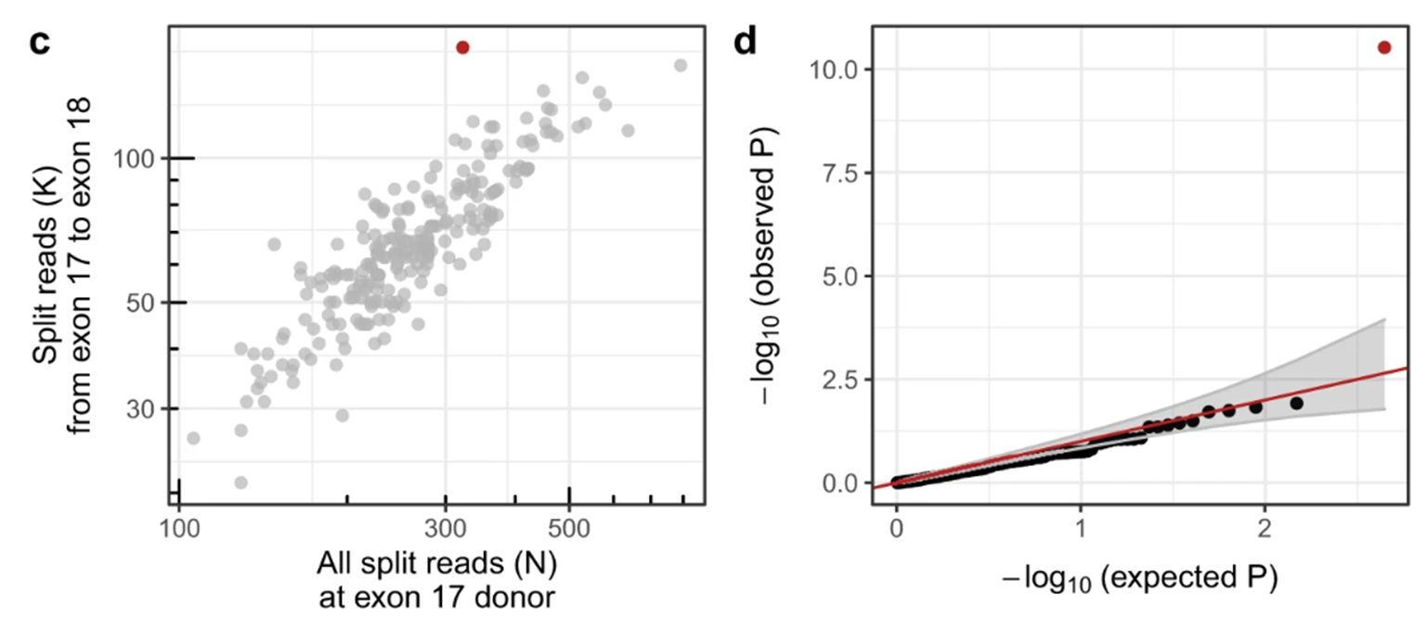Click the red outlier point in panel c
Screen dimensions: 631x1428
tap(462, 47)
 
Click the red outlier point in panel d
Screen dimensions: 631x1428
tap(1384, 47)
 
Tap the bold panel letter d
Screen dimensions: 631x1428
tap(746, 44)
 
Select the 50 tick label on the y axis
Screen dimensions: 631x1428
tap(145, 303)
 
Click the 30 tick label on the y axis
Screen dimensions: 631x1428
tap(145, 409)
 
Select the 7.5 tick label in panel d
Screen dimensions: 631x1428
tap(843, 173)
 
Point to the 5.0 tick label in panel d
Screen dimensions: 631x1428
tap(843, 277)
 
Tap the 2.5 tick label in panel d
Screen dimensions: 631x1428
tap(843, 380)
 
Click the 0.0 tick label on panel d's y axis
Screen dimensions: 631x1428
tap(843, 483)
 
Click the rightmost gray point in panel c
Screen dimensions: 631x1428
tap(680, 65)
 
